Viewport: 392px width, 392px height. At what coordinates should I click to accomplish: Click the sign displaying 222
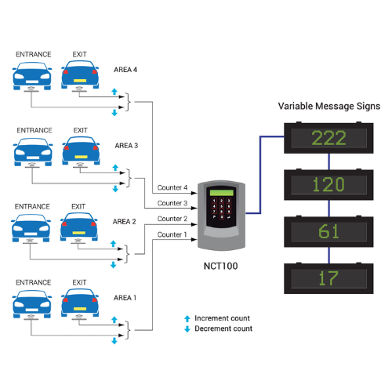(329, 138)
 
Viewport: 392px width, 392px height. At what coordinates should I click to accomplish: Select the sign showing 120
(329, 185)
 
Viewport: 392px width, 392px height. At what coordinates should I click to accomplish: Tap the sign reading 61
(329, 231)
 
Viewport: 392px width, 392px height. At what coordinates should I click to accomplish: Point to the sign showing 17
(329, 278)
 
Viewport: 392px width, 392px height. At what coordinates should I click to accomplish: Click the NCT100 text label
(221, 265)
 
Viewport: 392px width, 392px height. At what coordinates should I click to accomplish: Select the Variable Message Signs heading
(329, 106)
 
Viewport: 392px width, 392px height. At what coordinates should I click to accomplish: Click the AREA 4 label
(125, 70)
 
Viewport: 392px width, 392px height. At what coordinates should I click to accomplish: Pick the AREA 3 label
(125, 146)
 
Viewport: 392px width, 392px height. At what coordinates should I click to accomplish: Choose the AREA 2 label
(125, 222)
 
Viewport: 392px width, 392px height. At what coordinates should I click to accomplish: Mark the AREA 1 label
(125, 298)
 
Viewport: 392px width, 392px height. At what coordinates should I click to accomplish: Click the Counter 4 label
(172, 188)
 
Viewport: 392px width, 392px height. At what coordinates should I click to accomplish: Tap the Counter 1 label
(172, 234)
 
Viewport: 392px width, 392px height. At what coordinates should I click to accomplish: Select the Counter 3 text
(172, 204)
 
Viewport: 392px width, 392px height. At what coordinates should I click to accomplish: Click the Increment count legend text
(223, 318)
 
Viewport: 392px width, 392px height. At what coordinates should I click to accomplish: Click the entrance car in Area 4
(31, 74)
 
